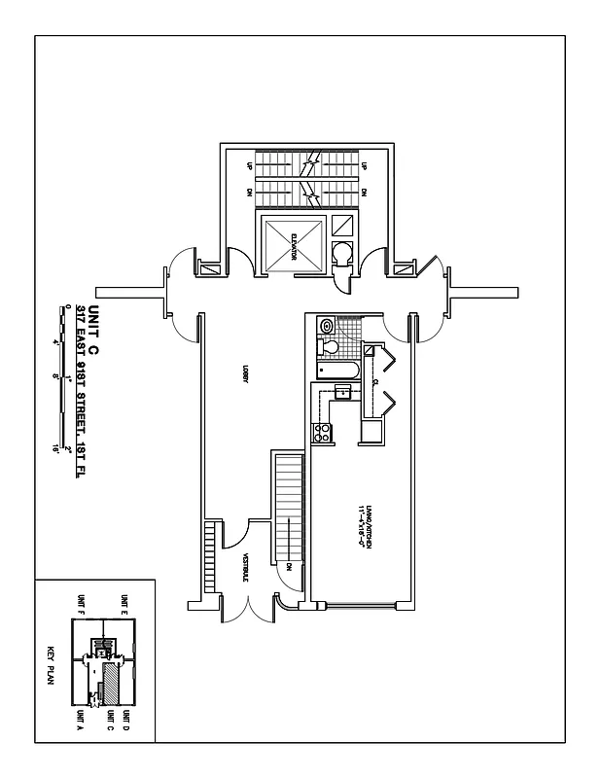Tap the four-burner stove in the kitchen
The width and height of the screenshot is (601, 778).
[x=321, y=436]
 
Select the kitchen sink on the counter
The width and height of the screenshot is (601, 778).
[x=342, y=392]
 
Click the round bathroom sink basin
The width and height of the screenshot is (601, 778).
[x=327, y=325]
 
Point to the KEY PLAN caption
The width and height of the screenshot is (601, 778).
[x=52, y=666]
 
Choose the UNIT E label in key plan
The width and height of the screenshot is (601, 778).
[x=124, y=604]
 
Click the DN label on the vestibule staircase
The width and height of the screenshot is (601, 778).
[x=290, y=567]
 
